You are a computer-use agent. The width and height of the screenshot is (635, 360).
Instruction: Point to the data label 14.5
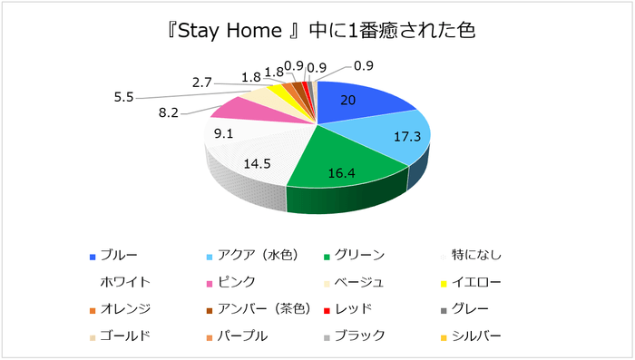click(256, 164)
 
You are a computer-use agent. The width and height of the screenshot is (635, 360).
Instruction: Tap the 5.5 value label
click(123, 95)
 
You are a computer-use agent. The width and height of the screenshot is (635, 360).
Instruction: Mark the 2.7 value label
click(203, 83)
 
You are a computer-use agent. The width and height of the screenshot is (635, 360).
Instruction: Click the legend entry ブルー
click(119, 255)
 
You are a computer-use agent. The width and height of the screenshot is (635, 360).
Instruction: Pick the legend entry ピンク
click(239, 282)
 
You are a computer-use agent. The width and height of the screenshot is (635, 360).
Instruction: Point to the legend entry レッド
click(355, 308)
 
